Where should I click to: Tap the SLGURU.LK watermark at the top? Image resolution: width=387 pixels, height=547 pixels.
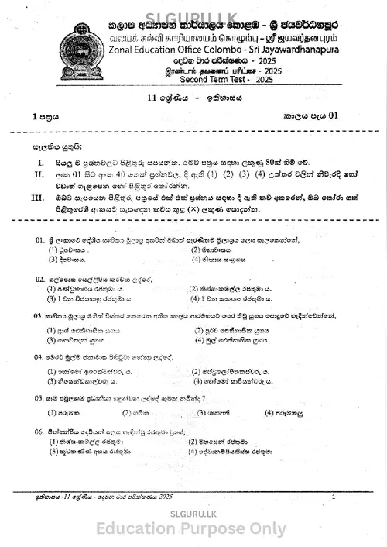click(x=193, y=8)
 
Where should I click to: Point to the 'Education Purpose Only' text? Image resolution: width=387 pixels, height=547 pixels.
click(x=193, y=529)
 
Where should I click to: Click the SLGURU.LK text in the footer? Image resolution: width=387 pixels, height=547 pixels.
click(x=193, y=511)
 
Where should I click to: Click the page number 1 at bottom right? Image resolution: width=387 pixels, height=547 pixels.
click(x=332, y=497)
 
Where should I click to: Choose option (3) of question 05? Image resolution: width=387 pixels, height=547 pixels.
click(x=202, y=412)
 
